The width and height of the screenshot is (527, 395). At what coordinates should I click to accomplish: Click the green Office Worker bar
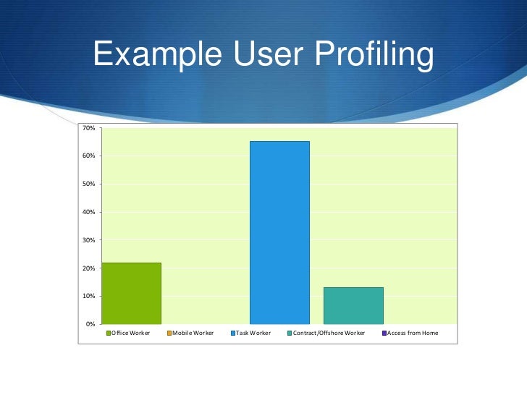pyautogui.click(x=131, y=293)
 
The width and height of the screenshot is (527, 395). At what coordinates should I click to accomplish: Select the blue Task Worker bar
pyautogui.click(x=279, y=232)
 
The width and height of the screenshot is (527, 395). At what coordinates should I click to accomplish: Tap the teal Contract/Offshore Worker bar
pyautogui.click(x=353, y=305)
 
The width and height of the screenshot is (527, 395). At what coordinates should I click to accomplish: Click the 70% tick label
pyautogui.click(x=88, y=129)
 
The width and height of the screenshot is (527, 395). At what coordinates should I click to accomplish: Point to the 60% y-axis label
pyautogui.click(x=88, y=156)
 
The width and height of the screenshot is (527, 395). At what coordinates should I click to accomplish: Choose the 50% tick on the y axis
pyautogui.click(x=88, y=184)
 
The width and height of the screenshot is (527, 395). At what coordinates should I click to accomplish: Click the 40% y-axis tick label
pyautogui.click(x=88, y=212)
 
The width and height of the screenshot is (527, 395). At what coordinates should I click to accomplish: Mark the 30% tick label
pyautogui.click(x=88, y=240)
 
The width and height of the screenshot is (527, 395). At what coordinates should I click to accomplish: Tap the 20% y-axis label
pyautogui.click(x=88, y=268)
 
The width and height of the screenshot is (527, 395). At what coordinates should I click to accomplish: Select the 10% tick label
pyautogui.click(x=88, y=297)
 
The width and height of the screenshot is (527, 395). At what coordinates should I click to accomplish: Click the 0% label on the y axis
pyautogui.click(x=90, y=324)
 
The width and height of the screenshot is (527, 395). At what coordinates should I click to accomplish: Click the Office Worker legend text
pyautogui.click(x=131, y=333)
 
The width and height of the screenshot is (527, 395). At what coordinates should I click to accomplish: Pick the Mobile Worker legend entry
pyautogui.click(x=193, y=333)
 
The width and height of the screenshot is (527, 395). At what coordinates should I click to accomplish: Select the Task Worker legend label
pyautogui.click(x=253, y=333)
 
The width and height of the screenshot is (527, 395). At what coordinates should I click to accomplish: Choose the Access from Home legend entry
pyautogui.click(x=413, y=333)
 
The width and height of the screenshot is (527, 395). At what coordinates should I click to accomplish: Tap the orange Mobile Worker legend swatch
pyautogui.click(x=169, y=333)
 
